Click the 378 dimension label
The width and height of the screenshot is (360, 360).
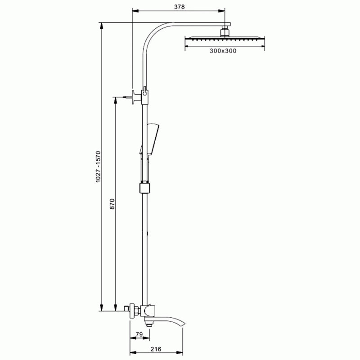pyautogui.click(x=179, y=7)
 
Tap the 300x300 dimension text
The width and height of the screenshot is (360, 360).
pyautogui.click(x=223, y=51)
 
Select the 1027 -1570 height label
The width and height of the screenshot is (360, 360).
pyautogui.click(x=98, y=166)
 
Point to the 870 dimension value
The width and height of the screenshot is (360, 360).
pyautogui.click(x=112, y=204)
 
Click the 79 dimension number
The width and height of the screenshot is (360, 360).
pyautogui.click(x=139, y=334)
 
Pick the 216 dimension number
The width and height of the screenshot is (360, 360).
pyautogui.click(x=156, y=349)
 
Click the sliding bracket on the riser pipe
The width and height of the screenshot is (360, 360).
pyautogui.click(x=144, y=188)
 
